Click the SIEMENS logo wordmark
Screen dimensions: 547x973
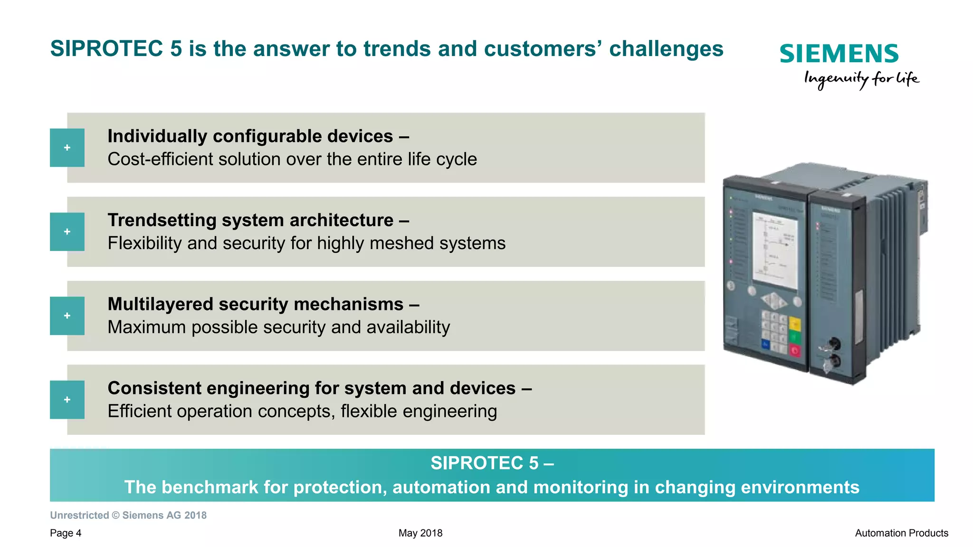click(839, 54)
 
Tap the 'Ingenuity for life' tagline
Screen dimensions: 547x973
click(861, 79)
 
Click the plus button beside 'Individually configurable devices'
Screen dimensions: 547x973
click(67, 148)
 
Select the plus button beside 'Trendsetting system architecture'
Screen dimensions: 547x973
click(67, 232)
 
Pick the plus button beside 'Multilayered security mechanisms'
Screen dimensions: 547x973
click(67, 316)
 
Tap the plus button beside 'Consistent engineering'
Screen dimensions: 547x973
click(67, 400)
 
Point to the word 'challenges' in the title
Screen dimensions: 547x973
click(666, 49)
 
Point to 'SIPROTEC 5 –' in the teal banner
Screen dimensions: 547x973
click(492, 463)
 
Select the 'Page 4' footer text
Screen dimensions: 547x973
click(66, 533)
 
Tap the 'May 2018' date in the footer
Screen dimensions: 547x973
click(420, 533)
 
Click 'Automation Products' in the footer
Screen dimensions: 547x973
click(901, 533)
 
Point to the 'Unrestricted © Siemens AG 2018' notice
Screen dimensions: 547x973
click(128, 516)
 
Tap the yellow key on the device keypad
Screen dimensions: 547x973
click(794, 325)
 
